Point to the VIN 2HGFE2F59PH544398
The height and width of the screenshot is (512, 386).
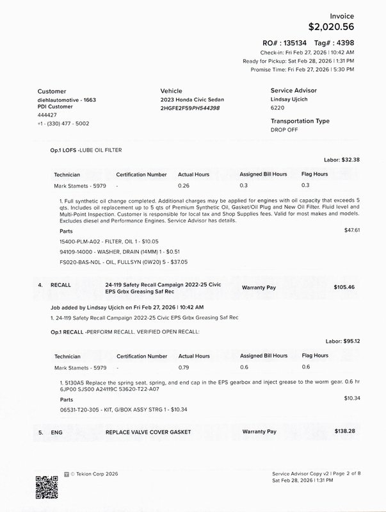click(189, 108)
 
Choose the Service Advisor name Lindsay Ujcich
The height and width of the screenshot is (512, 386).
click(293, 100)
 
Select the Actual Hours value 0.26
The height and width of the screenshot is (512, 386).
click(184, 185)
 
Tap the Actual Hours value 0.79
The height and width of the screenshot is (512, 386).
click(184, 367)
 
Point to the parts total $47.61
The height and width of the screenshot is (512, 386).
click(352, 229)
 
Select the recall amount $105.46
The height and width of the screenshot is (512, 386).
click(344, 287)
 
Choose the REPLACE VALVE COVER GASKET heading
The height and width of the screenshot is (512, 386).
click(148, 432)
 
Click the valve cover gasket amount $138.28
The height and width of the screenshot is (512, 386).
click(344, 432)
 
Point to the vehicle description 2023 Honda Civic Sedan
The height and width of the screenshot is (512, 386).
click(192, 101)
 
